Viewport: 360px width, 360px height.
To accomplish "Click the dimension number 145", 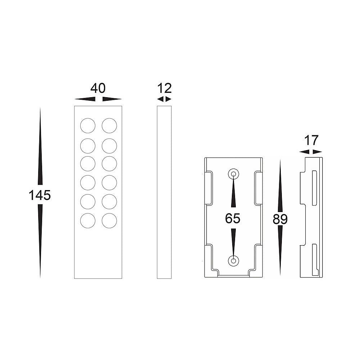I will tap(40, 195).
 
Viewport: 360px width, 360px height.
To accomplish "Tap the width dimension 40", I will tap(98, 88).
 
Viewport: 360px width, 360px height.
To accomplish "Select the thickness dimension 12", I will tap(165, 88).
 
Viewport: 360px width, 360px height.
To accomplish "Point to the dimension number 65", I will tap(233, 218).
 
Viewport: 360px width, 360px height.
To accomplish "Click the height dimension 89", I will tap(280, 219).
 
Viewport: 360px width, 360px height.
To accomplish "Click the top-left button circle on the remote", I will tap(88, 126).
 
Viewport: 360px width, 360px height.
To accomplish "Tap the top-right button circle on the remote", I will tap(109, 126).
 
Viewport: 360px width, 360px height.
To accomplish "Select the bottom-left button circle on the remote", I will tap(88, 221).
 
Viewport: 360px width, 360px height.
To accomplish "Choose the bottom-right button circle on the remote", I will tap(109, 221).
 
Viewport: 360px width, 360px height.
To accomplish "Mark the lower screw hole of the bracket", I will tap(233, 260).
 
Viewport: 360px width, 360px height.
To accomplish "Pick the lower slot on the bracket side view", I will tap(314, 258).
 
